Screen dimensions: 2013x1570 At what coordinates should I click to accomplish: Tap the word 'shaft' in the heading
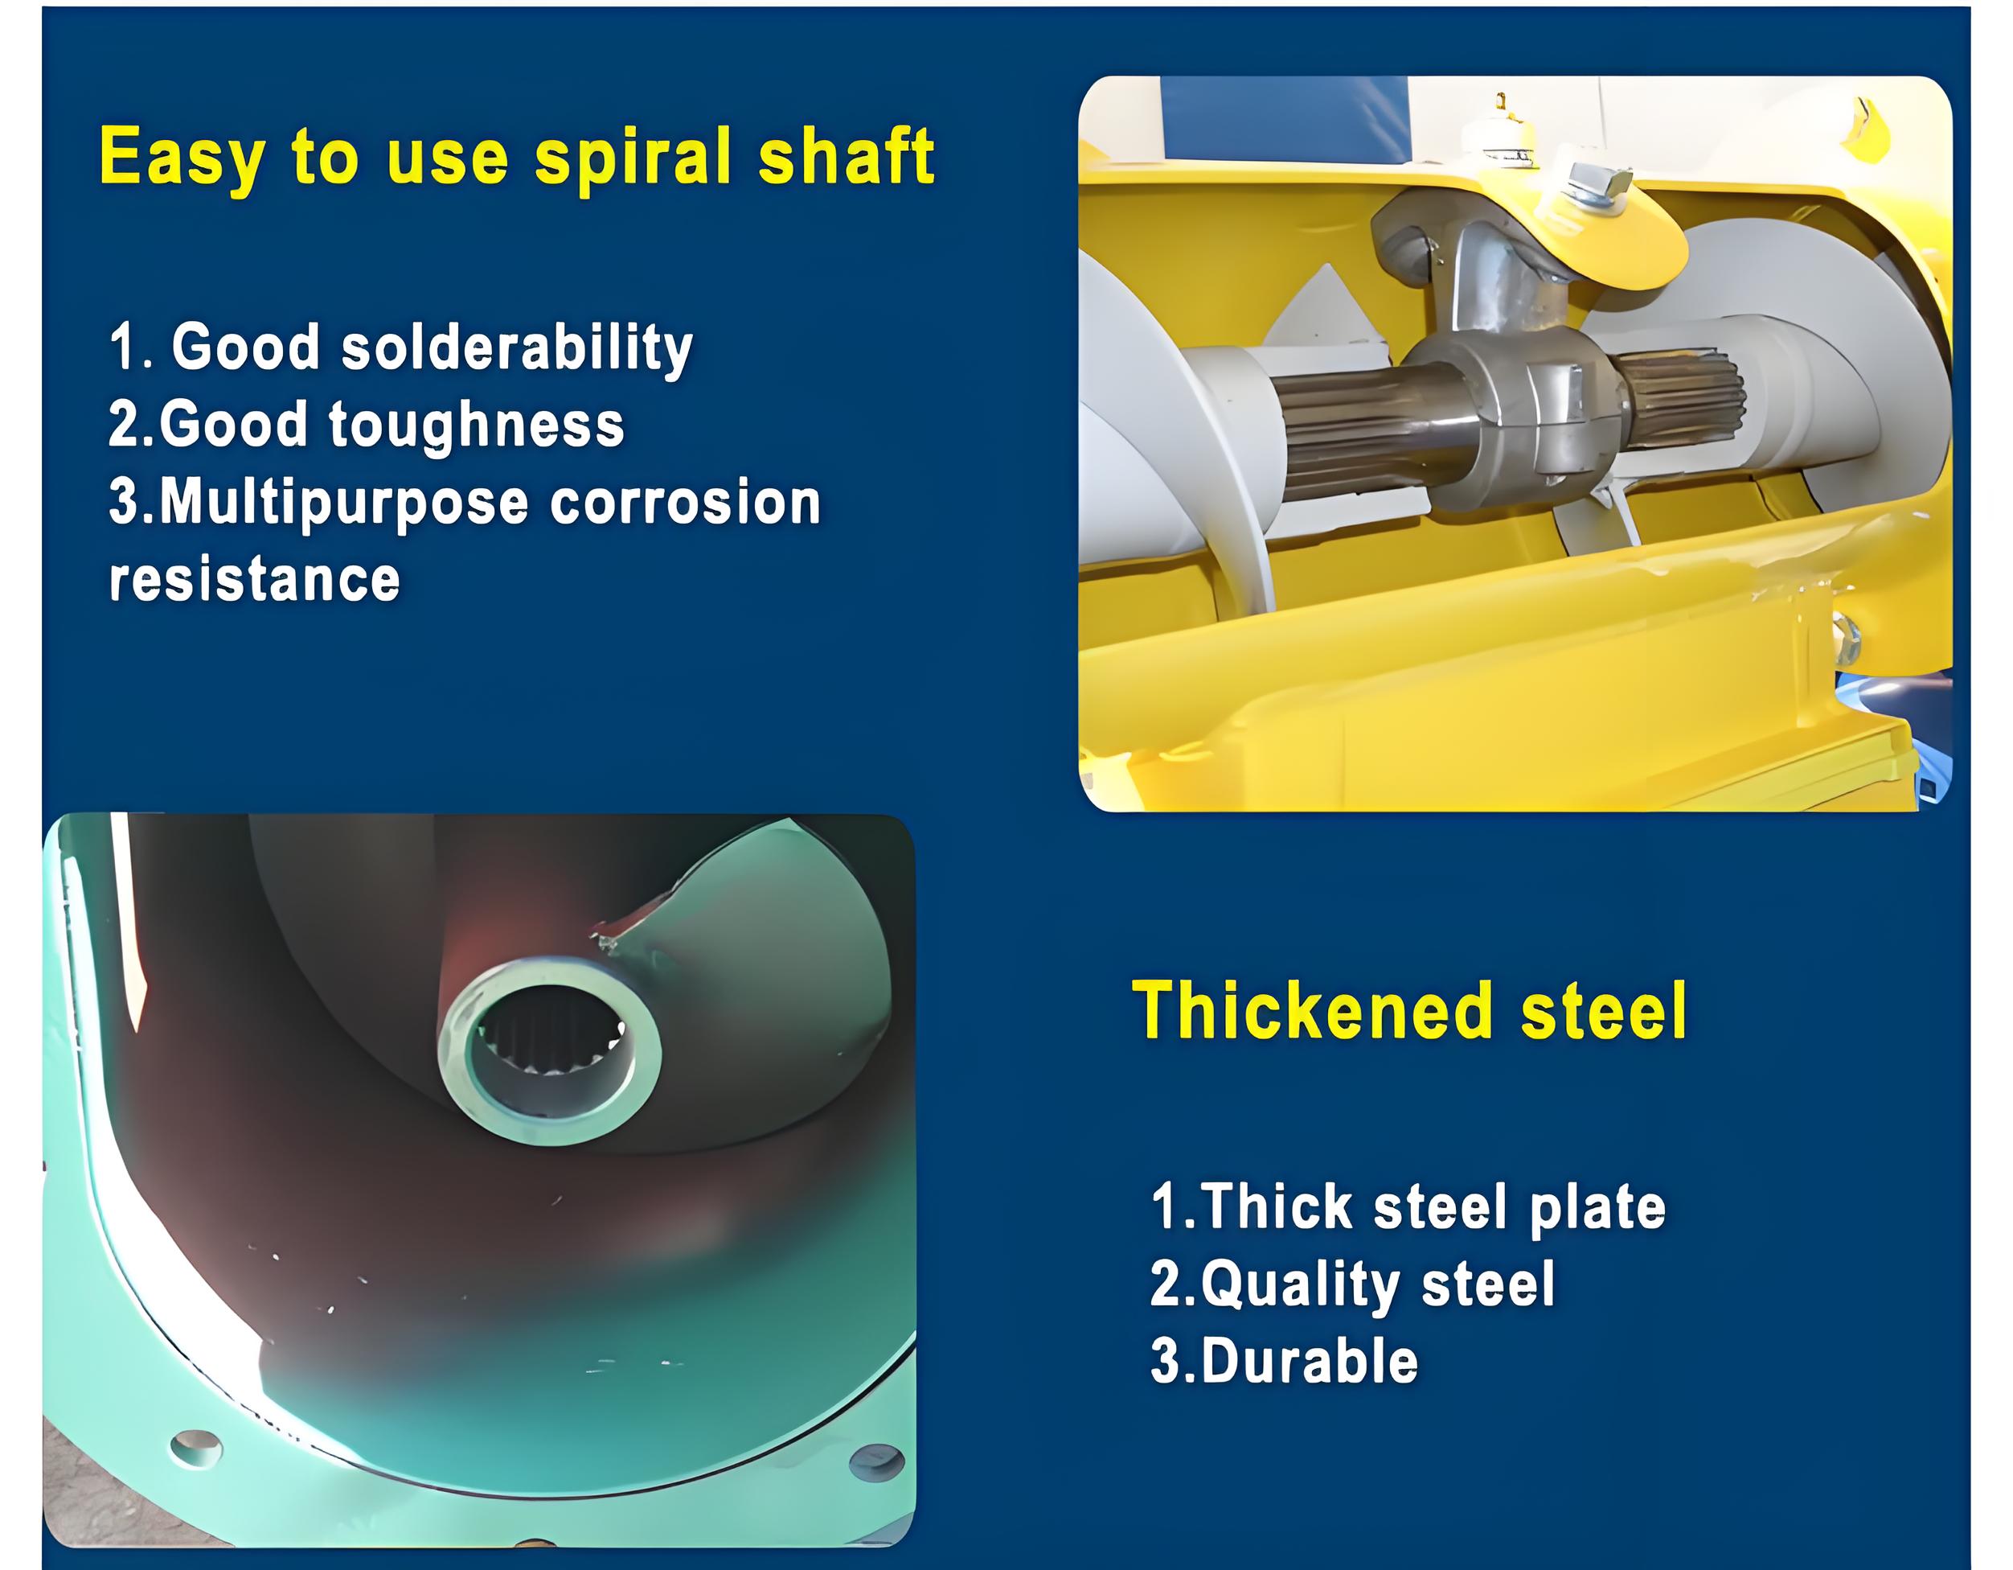(847, 155)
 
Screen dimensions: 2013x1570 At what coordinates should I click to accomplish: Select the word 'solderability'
(516, 348)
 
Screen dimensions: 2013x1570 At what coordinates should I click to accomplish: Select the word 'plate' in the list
(1597, 1208)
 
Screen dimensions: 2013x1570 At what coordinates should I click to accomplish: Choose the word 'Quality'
(1300, 1285)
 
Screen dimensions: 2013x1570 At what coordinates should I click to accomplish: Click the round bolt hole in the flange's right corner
(875, 1463)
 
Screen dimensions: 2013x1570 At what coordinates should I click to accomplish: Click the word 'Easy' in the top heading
(182, 158)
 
